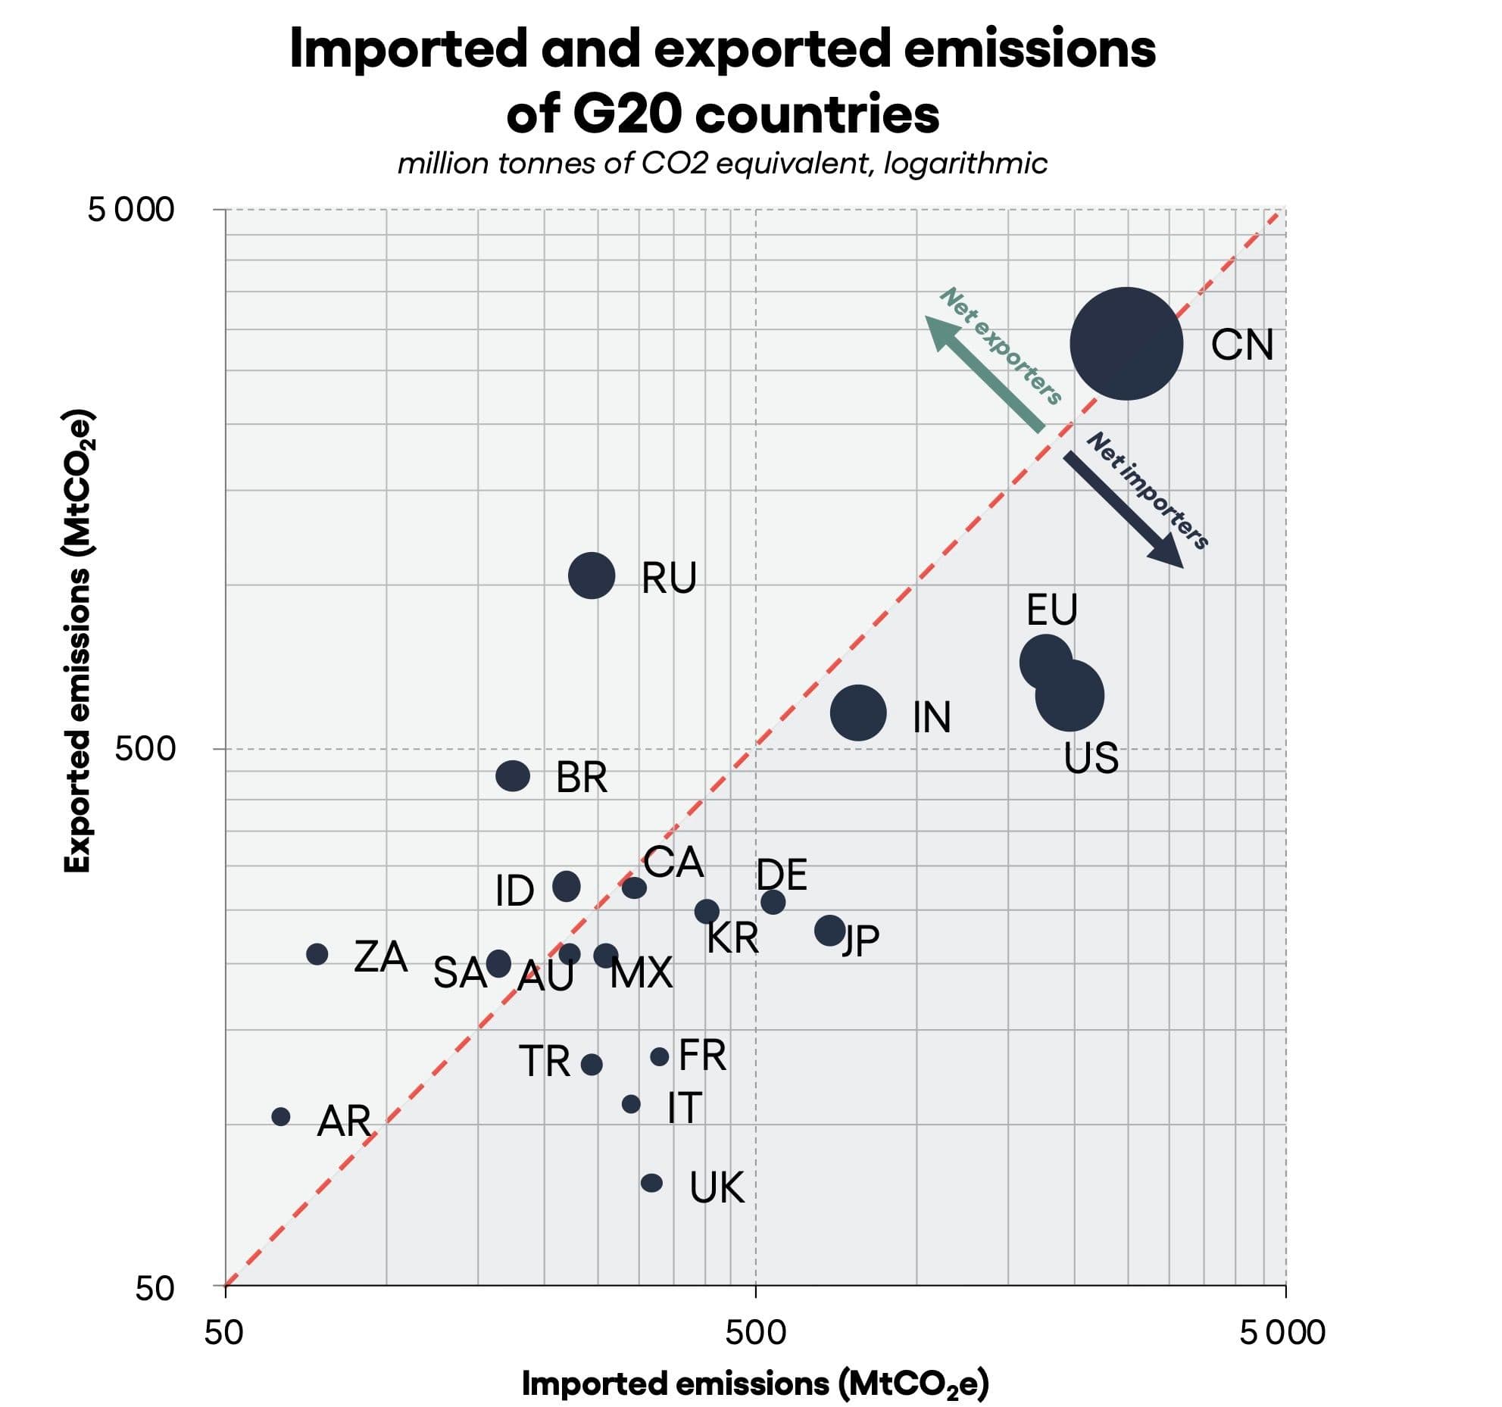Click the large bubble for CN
tap(1126, 343)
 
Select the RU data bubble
tap(592, 576)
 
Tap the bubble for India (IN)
tap(858, 713)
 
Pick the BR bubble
tap(513, 775)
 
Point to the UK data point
tap(651, 1183)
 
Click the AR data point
tap(281, 1116)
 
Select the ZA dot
tap(317, 954)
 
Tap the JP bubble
tap(830, 929)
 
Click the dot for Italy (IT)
tap(631, 1104)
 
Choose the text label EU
tap(1051, 610)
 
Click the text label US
tap(1091, 757)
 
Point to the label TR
tap(545, 1061)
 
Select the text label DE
tap(782, 875)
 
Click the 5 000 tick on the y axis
tap(131, 210)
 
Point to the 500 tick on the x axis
tap(755, 1332)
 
